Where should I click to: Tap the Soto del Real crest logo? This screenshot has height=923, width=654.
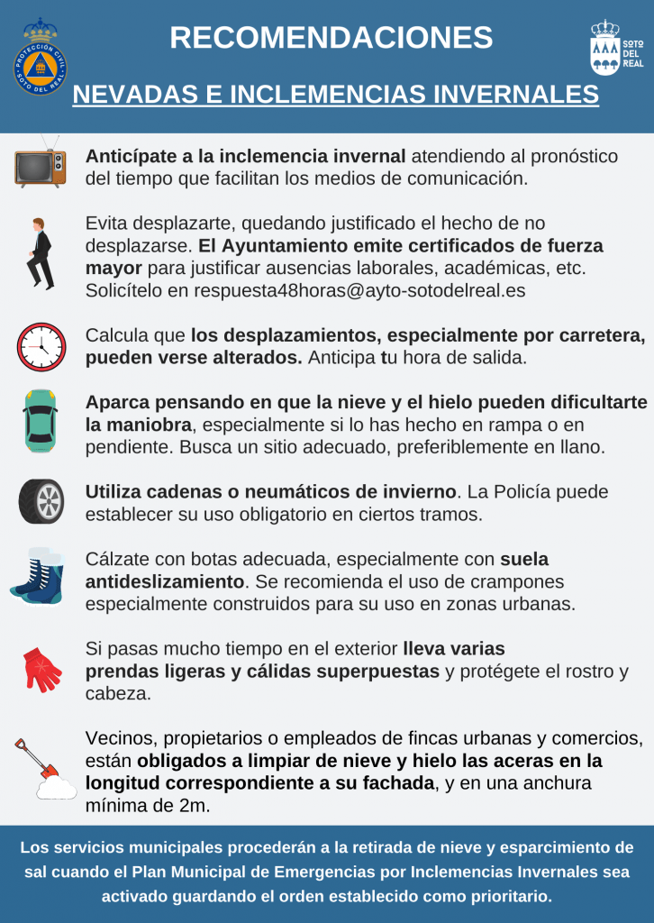pos(616,49)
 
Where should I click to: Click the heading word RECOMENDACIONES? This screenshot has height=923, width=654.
pos(331,38)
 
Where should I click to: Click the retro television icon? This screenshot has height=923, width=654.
pos(41,165)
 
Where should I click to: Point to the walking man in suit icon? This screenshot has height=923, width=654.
pos(40,252)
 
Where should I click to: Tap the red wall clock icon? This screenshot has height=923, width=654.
pos(41,346)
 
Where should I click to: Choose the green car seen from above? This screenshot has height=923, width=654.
pos(41,421)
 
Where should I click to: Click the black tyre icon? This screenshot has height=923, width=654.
pos(41,501)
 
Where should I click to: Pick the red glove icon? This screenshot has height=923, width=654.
pos(41,667)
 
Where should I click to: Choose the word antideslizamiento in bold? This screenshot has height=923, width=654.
pos(165,581)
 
